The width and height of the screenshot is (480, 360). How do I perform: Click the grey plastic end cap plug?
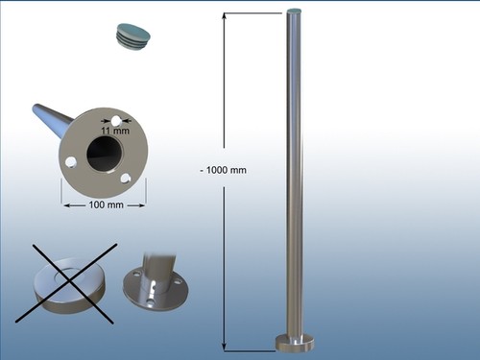coord(132,36)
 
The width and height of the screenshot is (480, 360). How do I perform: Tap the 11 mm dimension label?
coord(115,131)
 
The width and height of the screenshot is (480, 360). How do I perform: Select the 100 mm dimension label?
coord(106,204)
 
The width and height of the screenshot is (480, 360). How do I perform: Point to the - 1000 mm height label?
coord(224,170)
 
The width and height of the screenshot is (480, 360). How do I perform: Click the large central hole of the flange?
coord(105,155)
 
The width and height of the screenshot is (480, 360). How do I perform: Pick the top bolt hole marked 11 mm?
coord(116,121)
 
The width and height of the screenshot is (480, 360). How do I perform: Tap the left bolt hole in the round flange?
coord(70,162)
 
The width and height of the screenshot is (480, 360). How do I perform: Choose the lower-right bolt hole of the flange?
coord(126,178)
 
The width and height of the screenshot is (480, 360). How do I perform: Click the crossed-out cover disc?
coord(69,284)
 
